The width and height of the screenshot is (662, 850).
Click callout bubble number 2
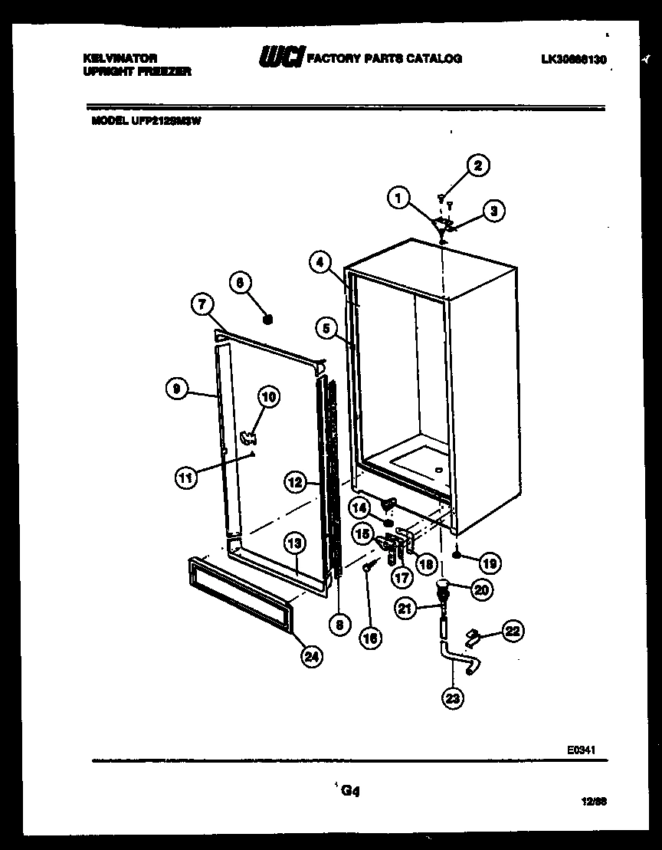(479, 166)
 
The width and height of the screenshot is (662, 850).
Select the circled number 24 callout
(312, 655)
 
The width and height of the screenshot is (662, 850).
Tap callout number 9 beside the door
(176, 389)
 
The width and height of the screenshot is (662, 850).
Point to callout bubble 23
(452, 697)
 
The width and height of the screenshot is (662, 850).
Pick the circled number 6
(240, 283)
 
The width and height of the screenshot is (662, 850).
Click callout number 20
(482, 589)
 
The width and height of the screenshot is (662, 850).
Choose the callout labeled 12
(295, 482)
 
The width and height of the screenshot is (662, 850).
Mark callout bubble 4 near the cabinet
(320, 262)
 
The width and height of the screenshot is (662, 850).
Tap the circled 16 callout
(371, 638)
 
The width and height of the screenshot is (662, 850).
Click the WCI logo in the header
(281, 57)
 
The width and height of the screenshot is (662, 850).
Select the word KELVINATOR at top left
(120, 58)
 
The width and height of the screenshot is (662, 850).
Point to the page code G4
(350, 792)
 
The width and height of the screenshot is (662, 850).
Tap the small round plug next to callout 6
(268, 318)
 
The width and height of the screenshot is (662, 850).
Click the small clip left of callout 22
(473, 635)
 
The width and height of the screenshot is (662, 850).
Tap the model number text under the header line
(146, 120)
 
